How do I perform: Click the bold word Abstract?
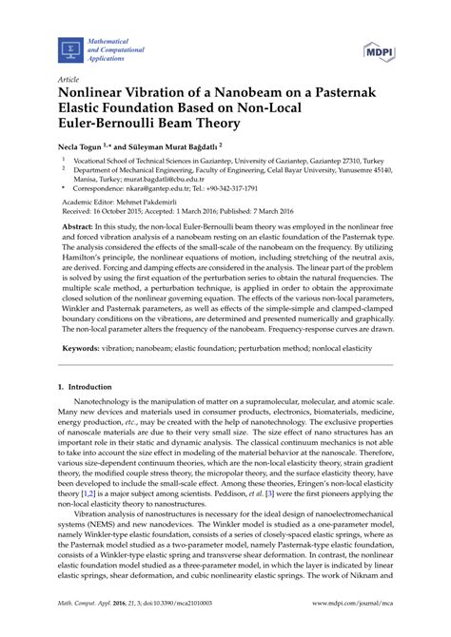pos(54,245)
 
